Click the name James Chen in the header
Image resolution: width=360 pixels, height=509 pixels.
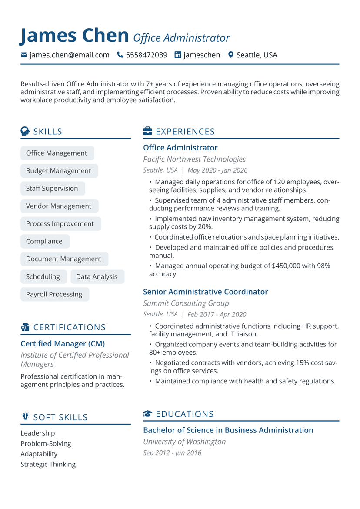tap(74, 36)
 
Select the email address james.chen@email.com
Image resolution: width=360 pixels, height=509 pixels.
tap(69, 55)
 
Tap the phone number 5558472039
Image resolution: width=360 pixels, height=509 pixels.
tap(147, 55)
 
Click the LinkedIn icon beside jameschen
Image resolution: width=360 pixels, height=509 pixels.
tap(178, 55)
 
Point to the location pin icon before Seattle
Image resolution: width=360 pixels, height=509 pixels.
tap(231, 55)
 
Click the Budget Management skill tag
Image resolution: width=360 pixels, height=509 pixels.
tap(59, 171)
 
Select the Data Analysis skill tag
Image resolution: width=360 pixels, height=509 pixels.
tap(97, 277)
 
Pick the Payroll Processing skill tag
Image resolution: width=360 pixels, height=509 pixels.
tap(54, 294)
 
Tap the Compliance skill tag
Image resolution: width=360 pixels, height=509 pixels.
tap(44, 241)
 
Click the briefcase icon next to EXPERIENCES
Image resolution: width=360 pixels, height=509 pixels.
tap(147, 131)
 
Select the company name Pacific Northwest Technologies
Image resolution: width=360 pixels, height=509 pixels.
tap(194, 159)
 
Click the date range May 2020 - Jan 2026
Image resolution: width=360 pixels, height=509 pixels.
tap(217, 170)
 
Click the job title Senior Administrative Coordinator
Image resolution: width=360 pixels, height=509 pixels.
tap(205, 292)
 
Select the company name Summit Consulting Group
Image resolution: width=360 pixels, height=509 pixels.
tap(186, 303)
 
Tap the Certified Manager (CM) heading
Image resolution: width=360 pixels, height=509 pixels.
tap(63, 343)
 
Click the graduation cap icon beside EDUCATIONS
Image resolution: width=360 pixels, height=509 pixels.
tap(147, 414)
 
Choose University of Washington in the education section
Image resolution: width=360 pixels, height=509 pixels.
tap(184, 442)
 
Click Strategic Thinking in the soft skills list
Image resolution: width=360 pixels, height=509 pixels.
tap(48, 464)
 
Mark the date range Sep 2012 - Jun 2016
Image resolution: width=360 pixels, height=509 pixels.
tap(172, 453)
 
